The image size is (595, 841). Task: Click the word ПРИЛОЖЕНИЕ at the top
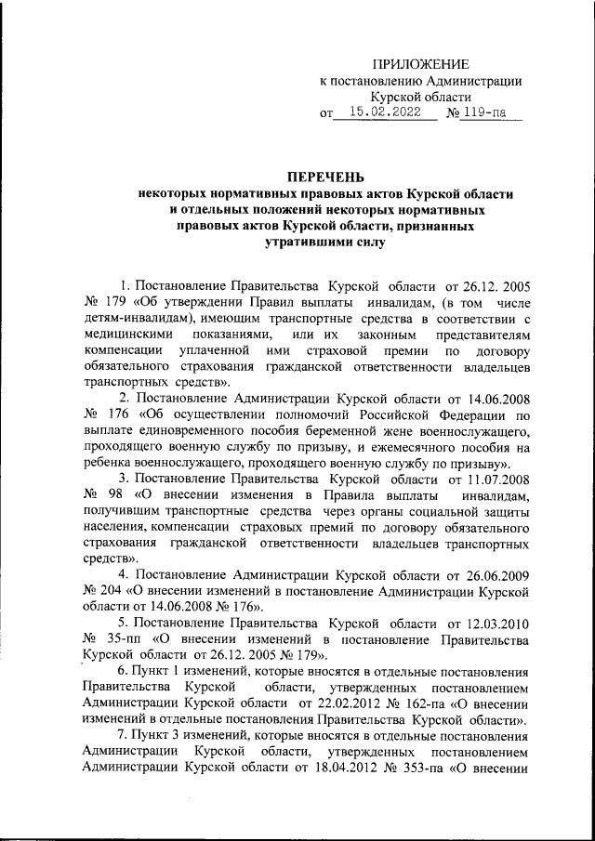(421, 64)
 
